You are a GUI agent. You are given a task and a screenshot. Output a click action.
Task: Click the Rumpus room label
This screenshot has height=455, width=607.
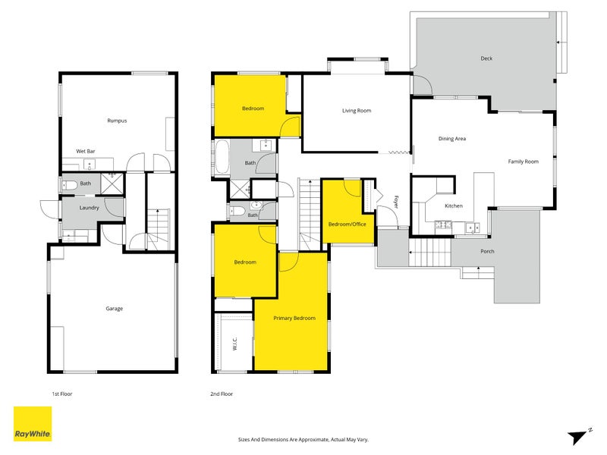pyautogui.click(x=117, y=121)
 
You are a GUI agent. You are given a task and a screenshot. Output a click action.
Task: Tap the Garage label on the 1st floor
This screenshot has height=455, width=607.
pyautogui.click(x=115, y=309)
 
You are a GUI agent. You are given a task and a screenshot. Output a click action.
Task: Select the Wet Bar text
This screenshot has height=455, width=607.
pyautogui.click(x=86, y=151)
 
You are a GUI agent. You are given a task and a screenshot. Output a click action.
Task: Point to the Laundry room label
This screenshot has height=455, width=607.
pyautogui.click(x=89, y=208)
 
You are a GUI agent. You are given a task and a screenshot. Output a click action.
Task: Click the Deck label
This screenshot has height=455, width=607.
pyautogui.click(x=486, y=58)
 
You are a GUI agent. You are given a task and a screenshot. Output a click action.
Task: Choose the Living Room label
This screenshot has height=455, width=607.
pyautogui.click(x=357, y=111)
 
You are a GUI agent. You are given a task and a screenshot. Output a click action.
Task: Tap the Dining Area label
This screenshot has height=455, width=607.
pyautogui.click(x=452, y=139)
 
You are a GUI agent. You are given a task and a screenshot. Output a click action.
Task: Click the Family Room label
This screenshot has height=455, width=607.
pyautogui.click(x=524, y=162)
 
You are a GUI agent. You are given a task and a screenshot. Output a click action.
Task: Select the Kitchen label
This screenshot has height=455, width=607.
pyautogui.click(x=454, y=206)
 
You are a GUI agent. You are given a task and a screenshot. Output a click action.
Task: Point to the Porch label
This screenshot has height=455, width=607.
pyautogui.click(x=487, y=252)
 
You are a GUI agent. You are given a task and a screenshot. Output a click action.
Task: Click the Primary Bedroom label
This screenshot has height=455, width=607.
pyautogui.click(x=294, y=318)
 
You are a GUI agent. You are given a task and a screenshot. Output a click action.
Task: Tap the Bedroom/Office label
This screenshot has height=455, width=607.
pyautogui.click(x=348, y=224)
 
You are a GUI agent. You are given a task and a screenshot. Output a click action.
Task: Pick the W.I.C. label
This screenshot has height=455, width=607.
pyautogui.click(x=235, y=344)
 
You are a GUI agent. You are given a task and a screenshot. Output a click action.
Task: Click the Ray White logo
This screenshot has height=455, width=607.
pyautogui.click(x=33, y=424)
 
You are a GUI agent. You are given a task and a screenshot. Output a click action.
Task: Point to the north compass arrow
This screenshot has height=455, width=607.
pyautogui.click(x=577, y=438)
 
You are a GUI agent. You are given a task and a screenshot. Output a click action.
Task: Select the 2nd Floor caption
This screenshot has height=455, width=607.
pyautogui.click(x=222, y=394)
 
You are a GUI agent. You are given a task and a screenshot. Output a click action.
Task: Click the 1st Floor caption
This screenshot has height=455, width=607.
pyautogui.click(x=62, y=394)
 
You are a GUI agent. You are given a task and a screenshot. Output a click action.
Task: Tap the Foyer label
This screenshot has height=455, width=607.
pyautogui.click(x=395, y=202)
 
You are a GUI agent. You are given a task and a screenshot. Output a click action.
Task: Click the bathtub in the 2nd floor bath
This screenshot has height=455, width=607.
pyautogui.click(x=222, y=157)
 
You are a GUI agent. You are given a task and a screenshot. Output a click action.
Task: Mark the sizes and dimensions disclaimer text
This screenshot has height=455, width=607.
pyautogui.click(x=303, y=440)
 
